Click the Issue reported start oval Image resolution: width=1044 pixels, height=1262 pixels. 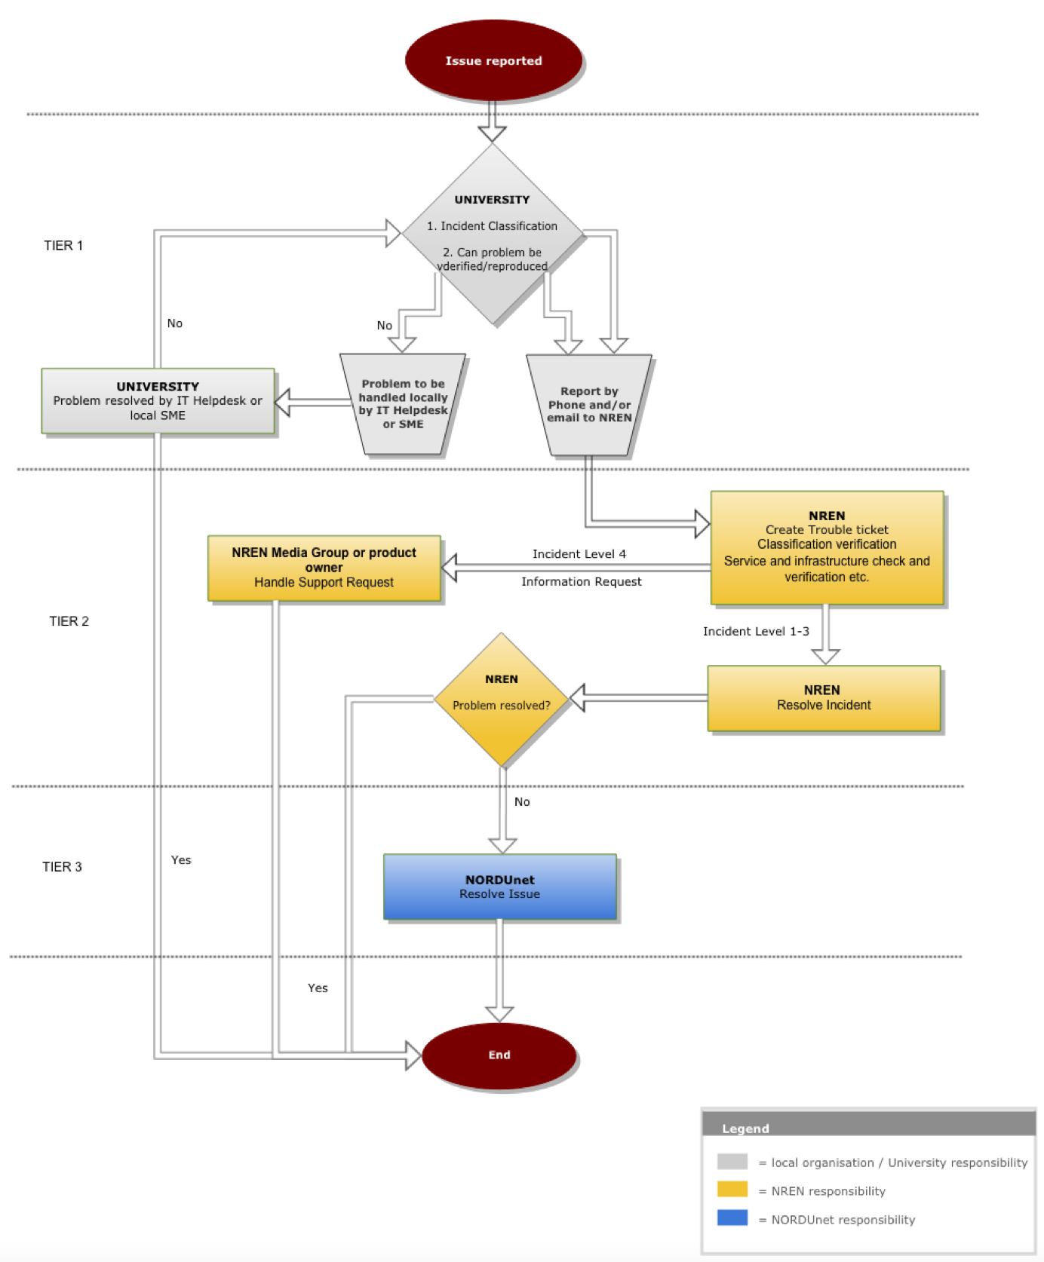coord(493,60)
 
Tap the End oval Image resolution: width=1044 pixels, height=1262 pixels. coord(499,1055)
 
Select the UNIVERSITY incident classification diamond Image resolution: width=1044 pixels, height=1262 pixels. coord(493,233)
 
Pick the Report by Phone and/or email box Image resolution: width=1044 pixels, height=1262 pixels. coord(589,405)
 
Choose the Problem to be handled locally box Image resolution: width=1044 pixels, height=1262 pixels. coord(403,404)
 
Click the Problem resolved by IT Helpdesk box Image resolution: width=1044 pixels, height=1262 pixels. coord(158,400)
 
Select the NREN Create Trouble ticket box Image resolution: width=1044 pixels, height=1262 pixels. coord(827,547)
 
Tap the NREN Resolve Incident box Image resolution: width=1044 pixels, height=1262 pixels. coord(824,698)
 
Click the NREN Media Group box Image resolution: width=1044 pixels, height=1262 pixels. coord(324,568)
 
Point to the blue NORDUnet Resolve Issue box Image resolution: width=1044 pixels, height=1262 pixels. coord(499,887)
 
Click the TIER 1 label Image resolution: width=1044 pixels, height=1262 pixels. coord(63,246)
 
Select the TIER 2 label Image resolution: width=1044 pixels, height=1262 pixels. coord(69,621)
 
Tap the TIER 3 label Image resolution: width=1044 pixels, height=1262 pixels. coord(62,867)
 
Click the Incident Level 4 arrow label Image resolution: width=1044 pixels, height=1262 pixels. coord(579,554)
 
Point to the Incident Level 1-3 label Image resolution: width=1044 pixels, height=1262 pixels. coord(756,631)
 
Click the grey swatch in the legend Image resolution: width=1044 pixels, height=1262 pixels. coord(732,1162)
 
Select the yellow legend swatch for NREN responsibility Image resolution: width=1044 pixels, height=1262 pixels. coord(732,1190)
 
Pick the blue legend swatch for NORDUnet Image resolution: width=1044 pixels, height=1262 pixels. coord(732,1218)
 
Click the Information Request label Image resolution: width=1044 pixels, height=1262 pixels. coord(581,581)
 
